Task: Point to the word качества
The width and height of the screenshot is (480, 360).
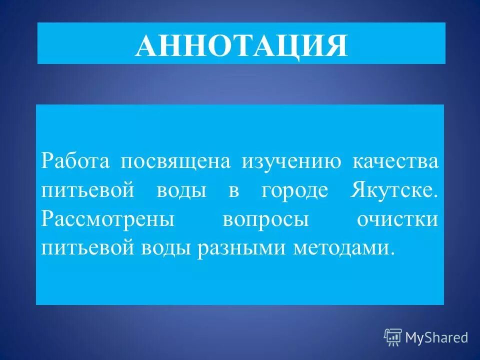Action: pyautogui.click(x=396, y=161)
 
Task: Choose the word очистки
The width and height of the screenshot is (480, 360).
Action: pyautogui.click(x=397, y=220)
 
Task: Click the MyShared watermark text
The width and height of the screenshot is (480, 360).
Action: pyautogui.click(x=436, y=337)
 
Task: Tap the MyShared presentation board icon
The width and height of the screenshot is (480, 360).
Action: pyautogui.click(x=393, y=337)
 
